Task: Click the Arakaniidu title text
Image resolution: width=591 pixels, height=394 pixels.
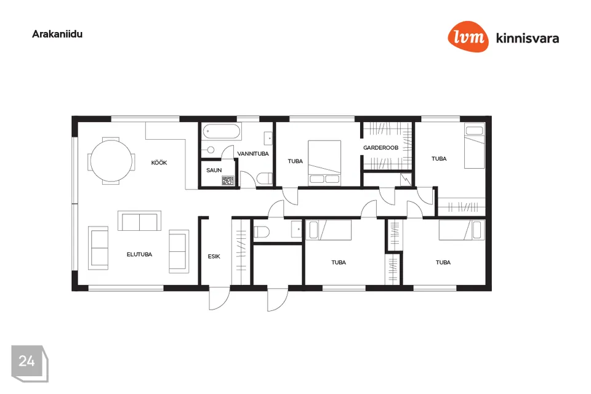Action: (57, 34)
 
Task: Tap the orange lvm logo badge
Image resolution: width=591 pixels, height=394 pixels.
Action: (468, 36)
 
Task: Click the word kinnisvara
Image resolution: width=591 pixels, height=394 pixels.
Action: (528, 38)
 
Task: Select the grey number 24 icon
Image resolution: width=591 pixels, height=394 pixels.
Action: (30, 363)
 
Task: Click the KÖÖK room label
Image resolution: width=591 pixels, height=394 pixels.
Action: (159, 163)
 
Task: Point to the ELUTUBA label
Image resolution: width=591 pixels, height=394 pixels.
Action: (140, 254)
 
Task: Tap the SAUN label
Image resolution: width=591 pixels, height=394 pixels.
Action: (214, 171)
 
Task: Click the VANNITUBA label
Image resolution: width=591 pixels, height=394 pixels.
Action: (253, 154)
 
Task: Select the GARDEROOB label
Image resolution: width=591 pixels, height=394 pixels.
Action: (380, 148)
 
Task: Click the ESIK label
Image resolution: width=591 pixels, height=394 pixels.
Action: (214, 256)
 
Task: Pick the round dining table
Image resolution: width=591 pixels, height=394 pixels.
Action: (111, 161)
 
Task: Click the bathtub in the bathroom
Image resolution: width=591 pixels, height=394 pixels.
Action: (222, 132)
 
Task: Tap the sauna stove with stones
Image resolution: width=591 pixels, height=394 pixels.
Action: (228, 180)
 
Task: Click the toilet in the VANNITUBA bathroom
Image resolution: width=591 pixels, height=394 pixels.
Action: (265, 178)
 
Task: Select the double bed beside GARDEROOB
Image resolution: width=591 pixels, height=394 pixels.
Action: (324, 163)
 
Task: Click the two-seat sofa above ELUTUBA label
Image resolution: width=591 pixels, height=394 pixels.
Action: (140, 221)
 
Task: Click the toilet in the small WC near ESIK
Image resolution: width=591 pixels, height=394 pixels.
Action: (262, 231)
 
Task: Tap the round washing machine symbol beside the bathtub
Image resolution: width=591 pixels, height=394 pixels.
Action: (211, 150)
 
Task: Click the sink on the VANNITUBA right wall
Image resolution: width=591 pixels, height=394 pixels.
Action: (268, 139)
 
